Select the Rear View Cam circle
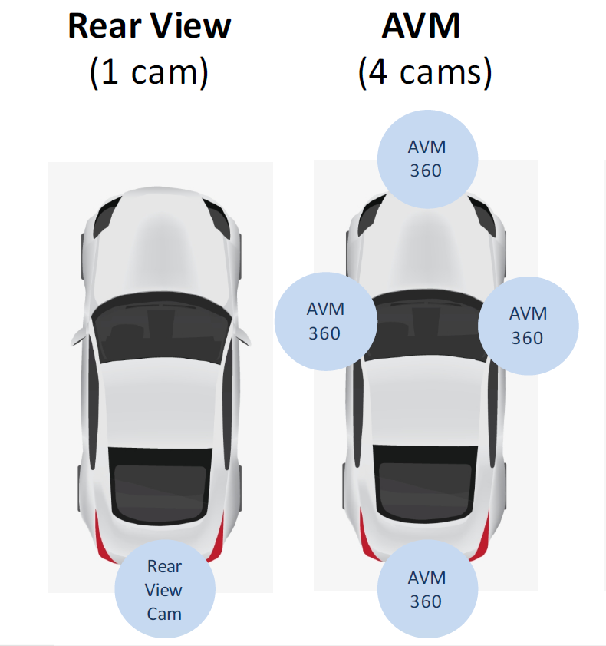coord(164,589)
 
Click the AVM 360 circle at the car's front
coord(427,158)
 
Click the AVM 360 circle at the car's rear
coord(427,589)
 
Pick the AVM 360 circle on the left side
coord(325,321)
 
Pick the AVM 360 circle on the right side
coord(528,325)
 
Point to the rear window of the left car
coord(160,484)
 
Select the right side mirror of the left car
coord(242,336)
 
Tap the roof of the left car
coord(160,399)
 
